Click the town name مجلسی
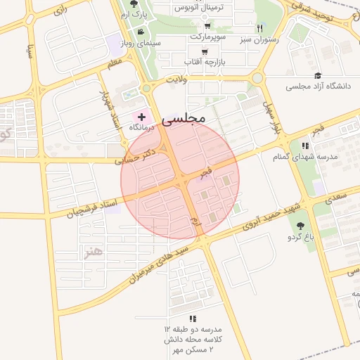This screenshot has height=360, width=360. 184,120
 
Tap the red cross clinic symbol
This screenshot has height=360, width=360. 142,117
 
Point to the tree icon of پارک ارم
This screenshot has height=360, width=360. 134,4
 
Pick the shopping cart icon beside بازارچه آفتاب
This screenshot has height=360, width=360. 204,51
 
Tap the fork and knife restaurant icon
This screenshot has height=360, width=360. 260,29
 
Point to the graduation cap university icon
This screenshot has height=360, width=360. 318,75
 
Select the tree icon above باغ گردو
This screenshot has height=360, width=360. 301,226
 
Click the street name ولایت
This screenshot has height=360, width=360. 176,81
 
